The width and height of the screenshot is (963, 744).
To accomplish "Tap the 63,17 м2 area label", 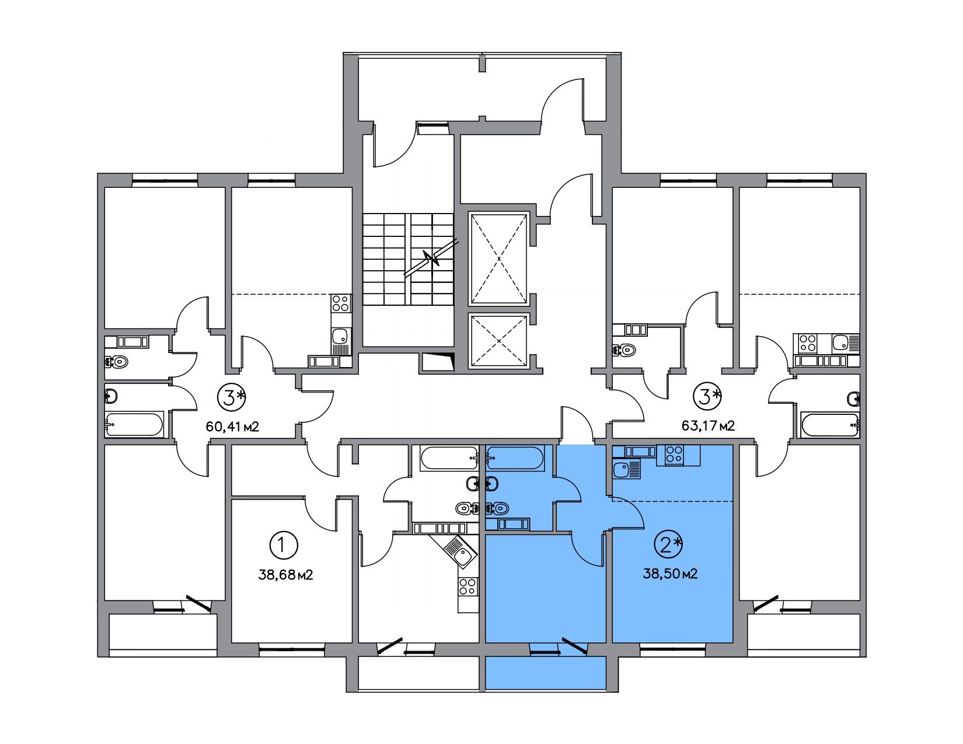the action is (708, 427).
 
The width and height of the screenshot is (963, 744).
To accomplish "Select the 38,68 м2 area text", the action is (285, 575).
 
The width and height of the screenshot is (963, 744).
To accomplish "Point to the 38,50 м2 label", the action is (670, 574).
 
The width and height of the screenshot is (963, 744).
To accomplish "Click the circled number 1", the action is (284, 546).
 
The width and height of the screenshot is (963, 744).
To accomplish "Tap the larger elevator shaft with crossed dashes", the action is (499, 259).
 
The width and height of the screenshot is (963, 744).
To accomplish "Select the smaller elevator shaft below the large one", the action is (499, 341).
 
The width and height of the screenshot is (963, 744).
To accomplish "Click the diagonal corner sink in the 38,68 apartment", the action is (459, 551).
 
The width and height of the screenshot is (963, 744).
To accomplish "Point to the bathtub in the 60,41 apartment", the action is (134, 424).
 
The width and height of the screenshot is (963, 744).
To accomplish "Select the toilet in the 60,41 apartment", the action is (117, 362).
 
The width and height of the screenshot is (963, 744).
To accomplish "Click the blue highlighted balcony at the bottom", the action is (546, 673).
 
